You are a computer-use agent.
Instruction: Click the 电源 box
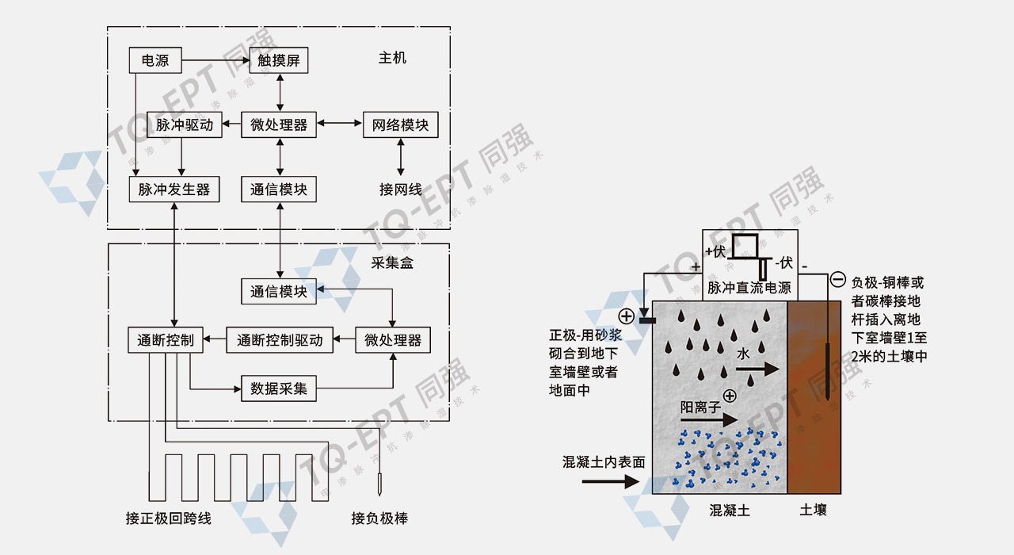154,60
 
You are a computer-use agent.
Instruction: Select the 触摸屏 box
279,60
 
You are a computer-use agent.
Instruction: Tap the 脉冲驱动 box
184,124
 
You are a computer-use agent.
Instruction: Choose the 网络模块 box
400,124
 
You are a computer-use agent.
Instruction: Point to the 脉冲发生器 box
174,189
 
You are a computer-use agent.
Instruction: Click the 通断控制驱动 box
280,340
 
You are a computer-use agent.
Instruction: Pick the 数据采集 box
279,389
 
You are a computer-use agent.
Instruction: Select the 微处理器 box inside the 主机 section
279,124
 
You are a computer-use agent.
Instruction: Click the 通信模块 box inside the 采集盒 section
279,291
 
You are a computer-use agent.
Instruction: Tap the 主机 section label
392,58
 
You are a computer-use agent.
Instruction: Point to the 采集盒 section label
392,262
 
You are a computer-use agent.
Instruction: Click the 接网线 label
400,189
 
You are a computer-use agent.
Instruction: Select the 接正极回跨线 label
169,519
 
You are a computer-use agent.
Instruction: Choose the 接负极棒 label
379,519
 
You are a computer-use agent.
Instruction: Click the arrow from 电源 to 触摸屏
215,59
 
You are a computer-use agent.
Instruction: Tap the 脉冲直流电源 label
749,288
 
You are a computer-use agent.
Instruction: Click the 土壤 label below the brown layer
813,510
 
